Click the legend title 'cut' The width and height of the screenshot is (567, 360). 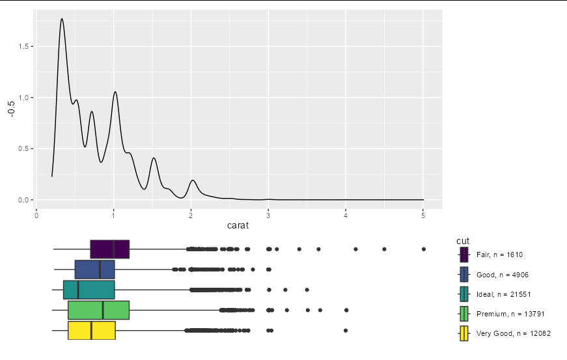[x=463, y=242]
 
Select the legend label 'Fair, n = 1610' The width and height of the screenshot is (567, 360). [x=499, y=255]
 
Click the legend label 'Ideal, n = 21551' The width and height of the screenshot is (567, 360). [x=503, y=294]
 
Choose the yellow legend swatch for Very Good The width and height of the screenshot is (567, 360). [x=463, y=333]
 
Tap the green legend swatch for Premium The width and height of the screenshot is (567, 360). [x=463, y=314]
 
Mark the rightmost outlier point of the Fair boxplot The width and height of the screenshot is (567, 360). [x=424, y=249]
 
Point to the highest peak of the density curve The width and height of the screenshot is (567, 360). [x=62, y=19]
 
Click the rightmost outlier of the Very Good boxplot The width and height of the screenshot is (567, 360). [x=346, y=331]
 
